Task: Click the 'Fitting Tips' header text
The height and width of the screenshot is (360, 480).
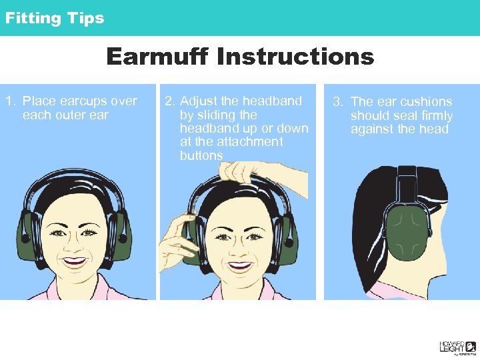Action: tap(55, 18)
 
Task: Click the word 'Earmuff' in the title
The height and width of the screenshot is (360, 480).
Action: tap(157, 57)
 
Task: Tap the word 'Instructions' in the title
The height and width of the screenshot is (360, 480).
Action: tap(295, 57)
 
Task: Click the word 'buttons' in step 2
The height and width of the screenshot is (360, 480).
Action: tap(201, 155)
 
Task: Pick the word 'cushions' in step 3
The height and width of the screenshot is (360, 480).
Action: tap(423, 102)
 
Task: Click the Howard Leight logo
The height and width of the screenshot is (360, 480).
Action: tap(457, 347)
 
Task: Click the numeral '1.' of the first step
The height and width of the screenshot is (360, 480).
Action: tap(11, 101)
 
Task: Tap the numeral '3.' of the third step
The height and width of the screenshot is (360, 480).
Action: tap(339, 102)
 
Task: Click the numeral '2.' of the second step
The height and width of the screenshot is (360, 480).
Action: tap(170, 101)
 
